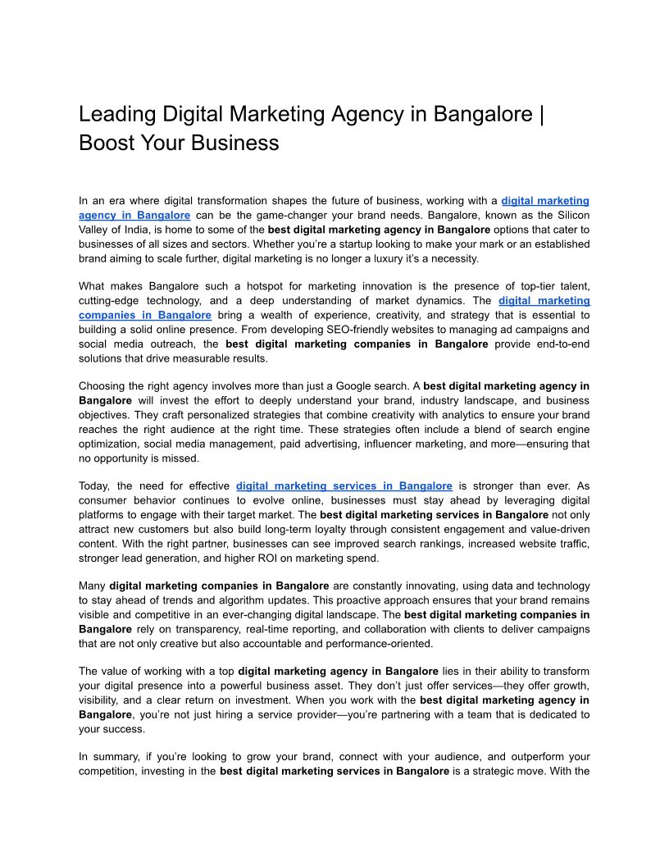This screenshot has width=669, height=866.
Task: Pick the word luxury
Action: [395, 258]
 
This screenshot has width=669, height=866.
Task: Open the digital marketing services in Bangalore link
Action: [344, 486]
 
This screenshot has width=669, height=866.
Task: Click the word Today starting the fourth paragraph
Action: [94, 486]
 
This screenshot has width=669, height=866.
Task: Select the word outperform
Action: [532, 757]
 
